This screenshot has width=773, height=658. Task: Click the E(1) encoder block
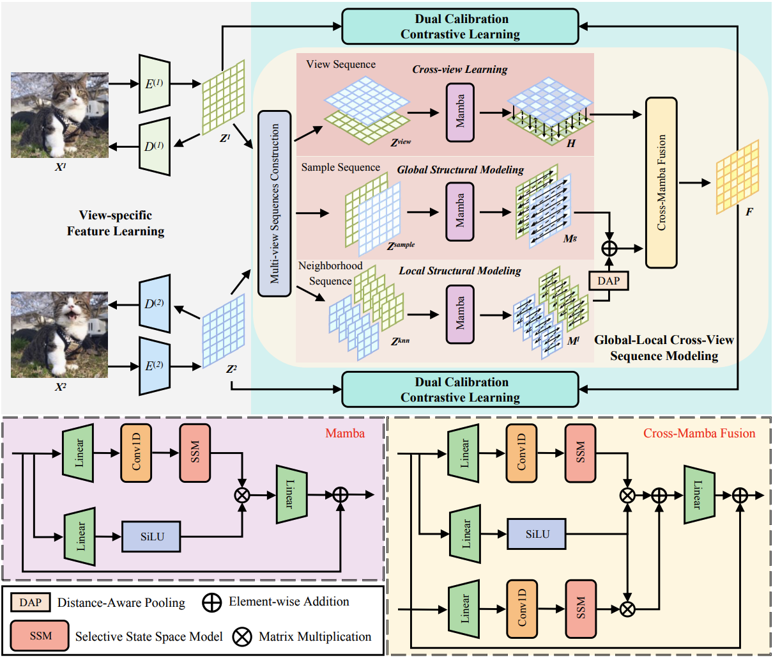(x=154, y=83)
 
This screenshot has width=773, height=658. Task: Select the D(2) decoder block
(x=154, y=304)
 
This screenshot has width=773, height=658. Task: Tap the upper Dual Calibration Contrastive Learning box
(x=460, y=27)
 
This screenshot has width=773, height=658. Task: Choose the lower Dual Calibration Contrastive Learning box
(x=460, y=389)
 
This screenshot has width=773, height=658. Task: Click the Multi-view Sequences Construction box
(x=274, y=203)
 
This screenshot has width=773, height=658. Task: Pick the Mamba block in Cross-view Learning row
(x=460, y=113)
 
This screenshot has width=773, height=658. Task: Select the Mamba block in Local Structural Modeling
(x=460, y=314)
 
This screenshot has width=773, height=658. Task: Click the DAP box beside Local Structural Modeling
(x=608, y=281)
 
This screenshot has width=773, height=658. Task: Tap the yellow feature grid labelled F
(x=737, y=176)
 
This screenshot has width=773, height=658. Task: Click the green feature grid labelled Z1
(x=224, y=97)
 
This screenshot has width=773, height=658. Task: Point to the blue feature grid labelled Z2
(x=224, y=331)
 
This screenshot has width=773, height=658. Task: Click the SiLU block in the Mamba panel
(x=152, y=537)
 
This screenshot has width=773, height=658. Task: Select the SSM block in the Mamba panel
(x=195, y=453)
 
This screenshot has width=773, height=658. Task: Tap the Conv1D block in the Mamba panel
(x=136, y=453)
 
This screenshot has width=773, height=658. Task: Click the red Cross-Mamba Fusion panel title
(x=699, y=434)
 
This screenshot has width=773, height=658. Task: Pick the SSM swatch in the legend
(x=40, y=636)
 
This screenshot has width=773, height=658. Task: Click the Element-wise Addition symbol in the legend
(x=211, y=602)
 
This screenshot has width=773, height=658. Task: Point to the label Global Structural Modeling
(x=460, y=170)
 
